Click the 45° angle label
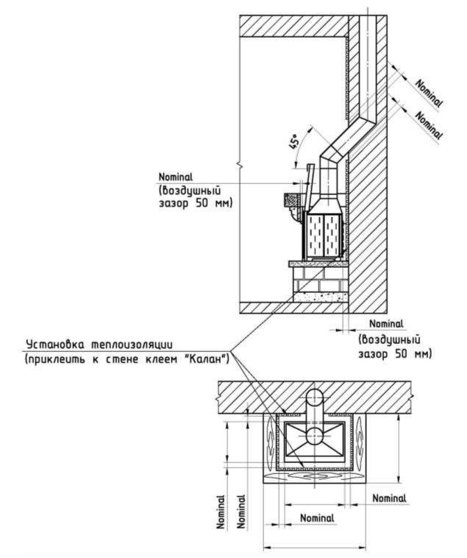click(294, 143)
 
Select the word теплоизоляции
click(132, 345)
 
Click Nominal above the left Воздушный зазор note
click(176, 177)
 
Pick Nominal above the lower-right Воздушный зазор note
click(386, 324)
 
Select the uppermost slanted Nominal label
click(429, 93)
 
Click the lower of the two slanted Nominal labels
click(429, 126)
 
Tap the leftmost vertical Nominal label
click(221, 512)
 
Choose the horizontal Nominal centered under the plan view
click(318, 518)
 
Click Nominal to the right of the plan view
click(389, 498)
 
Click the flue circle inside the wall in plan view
click(314, 398)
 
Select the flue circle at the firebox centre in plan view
click(314, 436)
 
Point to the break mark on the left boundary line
click(239, 165)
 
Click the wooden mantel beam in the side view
click(293, 200)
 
